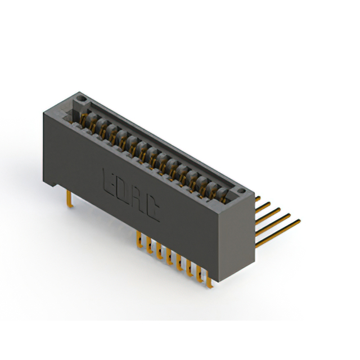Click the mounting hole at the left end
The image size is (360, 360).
coord(81,99)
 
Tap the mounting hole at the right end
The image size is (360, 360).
coord(241,191)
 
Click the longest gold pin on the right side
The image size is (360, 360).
coord(278,233)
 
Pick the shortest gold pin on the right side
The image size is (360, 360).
coord(258,199)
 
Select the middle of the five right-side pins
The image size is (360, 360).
coord(268,216)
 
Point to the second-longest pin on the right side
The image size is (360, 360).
coord(273,224)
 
